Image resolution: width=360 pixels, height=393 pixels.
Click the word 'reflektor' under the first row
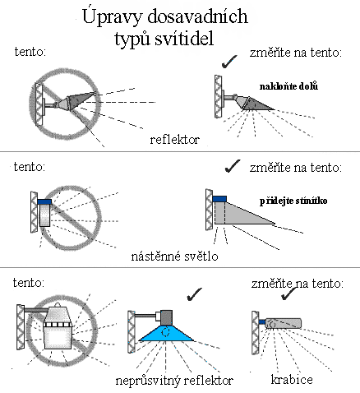click(x=174, y=140)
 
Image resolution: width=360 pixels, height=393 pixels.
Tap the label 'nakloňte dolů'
click(x=288, y=86)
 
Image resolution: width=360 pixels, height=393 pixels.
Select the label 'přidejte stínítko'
click(x=293, y=201)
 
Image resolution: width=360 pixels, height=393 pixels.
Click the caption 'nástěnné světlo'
click(x=174, y=257)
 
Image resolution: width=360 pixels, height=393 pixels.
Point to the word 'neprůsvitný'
click(x=148, y=381)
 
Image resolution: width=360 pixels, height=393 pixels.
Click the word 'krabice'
click(x=292, y=380)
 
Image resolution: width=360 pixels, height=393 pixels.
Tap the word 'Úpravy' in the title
click(x=112, y=16)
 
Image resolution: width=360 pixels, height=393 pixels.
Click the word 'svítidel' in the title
click(x=184, y=39)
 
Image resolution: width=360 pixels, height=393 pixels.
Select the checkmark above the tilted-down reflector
click(x=229, y=62)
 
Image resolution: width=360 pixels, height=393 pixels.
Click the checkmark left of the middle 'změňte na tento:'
click(x=233, y=166)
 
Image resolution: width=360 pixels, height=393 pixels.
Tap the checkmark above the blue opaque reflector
click(x=194, y=294)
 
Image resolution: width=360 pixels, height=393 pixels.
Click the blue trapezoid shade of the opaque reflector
click(x=166, y=334)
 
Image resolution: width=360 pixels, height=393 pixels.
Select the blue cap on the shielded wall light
click(x=219, y=199)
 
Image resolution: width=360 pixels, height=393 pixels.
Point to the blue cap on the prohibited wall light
click(x=44, y=201)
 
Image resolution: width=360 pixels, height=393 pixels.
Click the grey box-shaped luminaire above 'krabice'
click(x=283, y=323)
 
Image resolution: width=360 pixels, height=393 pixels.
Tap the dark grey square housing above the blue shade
click(x=166, y=317)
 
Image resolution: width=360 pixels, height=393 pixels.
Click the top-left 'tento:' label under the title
click(x=30, y=52)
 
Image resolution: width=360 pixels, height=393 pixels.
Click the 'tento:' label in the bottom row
click(x=29, y=283)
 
